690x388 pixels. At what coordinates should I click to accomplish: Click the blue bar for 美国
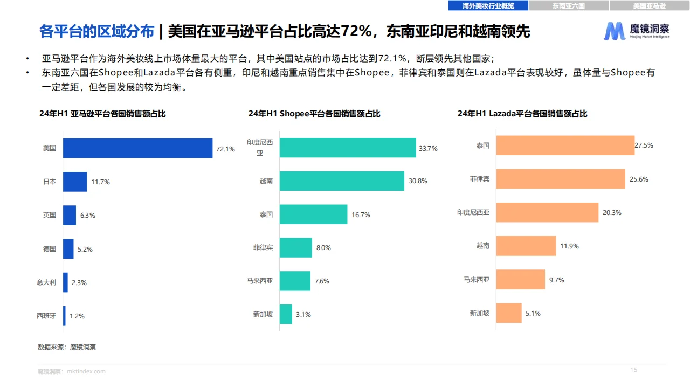[137, 148]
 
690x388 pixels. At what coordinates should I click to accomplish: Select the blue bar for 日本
[75, 182]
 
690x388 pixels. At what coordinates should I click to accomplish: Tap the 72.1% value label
[225, 149]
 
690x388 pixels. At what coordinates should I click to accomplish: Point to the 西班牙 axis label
[46, 316]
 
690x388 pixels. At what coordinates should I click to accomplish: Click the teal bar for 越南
[342, 181]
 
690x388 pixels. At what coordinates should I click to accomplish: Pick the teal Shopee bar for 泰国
[313, 214]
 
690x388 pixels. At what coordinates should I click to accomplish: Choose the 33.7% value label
[428, 149]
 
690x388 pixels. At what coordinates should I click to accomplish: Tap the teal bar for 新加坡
[286, 314]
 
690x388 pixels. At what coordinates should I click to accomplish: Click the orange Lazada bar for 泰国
[565, 145]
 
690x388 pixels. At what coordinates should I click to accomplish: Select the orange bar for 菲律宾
[561, 179]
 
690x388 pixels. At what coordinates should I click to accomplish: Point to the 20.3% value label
[612, 213]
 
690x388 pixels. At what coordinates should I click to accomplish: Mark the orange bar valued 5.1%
[509, 313]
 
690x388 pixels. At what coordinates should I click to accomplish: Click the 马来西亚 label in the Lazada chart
[477, 280]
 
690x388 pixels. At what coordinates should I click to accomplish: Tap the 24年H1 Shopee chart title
[314, 114]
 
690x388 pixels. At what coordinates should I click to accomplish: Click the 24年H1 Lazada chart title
[522, 114]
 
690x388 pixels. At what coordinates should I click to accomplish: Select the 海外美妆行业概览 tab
[488, 6]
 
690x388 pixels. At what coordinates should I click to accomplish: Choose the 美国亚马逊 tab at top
[649, 6]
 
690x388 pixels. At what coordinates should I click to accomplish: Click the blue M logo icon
[615, 31]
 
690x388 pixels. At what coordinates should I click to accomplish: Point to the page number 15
[634, 370]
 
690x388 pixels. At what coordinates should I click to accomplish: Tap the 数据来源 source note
[67, 347]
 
